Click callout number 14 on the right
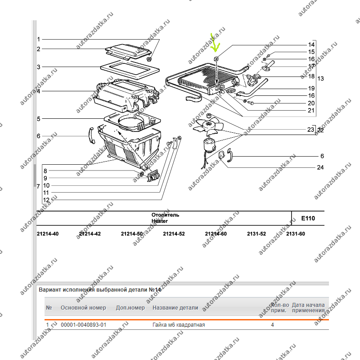pyautogui.click(x=311, y=45)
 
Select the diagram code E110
pyautogui.click(x=308, y=218)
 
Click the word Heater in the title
pyautogui.click(x=160, y=221)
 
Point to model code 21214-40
pyautogui.click(x=48, y=234)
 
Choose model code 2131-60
pyautogui.click(x=296, y=234)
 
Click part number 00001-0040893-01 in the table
pyautogui.click(x=84, y=325)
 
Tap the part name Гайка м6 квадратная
pyautogui.click(x=179, y=325)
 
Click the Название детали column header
pyautogui.click(x=175, y=308)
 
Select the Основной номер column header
pyautogui.click(x=83, y=308)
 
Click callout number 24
pyautogui.click(x=320, y=167)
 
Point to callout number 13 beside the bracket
pyautogui.click(x=320, y=78)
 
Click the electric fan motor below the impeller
pyautogui.click(x=209, y=144)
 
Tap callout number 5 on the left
pyautogui.click(x=39, y=119)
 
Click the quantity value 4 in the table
pyautogui.click(x=272, y=325)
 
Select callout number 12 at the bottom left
pyautogui.click(x=46, y=200)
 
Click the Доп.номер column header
pyautogui.click(x=130, y=308)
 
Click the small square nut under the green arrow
pyautogui.click(x=216, y=59)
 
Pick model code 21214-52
pyautogui.click(x=174, y=234)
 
